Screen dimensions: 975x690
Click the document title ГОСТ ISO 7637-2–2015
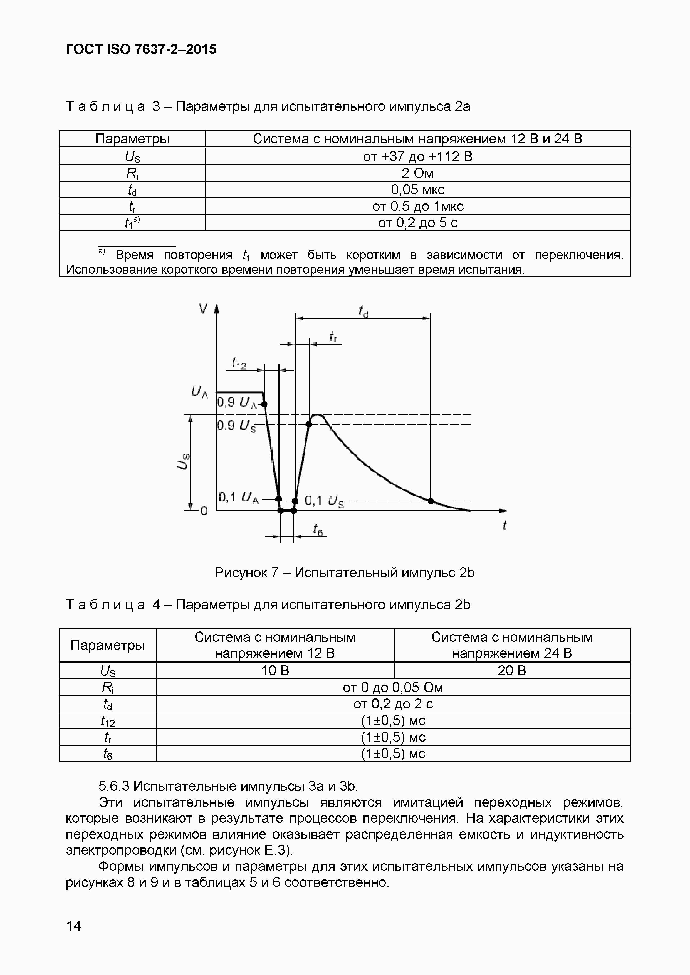(141, 50)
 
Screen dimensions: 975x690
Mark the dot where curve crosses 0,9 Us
(309, 424)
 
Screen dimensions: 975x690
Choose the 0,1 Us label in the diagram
(324, 501)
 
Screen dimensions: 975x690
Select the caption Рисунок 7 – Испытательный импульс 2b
(345, 573)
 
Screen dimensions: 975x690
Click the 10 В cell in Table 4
(275, 671)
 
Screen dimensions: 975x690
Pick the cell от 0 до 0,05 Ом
(393, 687)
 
